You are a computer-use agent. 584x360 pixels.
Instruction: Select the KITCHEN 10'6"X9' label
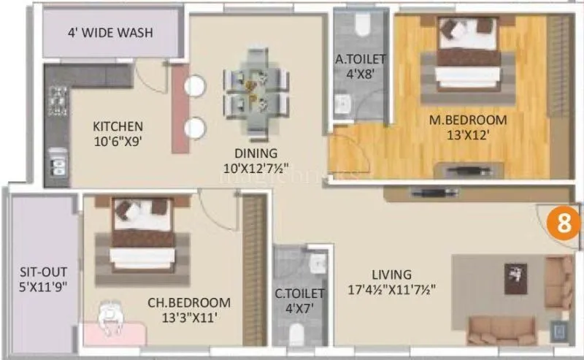(x=118, y=134)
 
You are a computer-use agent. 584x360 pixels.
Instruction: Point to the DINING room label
(x=255, y=161)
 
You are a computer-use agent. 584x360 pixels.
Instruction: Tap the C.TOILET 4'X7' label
(x=299, y=302)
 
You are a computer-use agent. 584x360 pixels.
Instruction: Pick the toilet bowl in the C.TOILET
(x=296, y=336)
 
